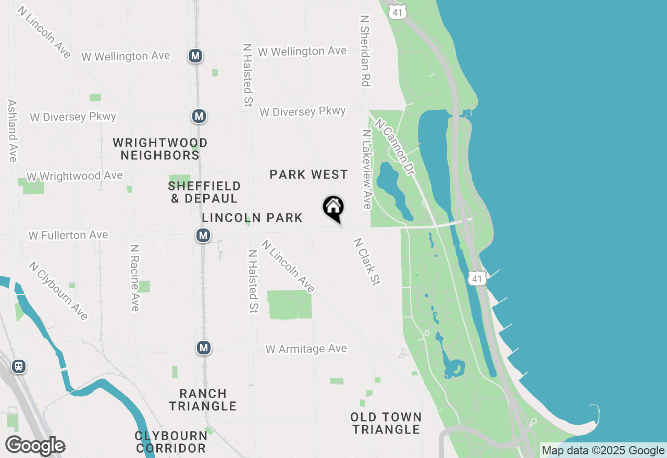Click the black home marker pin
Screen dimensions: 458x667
[333, 209]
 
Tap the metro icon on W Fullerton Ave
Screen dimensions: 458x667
[203, 235]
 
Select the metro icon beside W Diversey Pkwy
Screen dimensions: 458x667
[199, 116]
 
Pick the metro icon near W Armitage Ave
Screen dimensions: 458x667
[204, 348]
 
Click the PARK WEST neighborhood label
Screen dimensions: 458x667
[308, 174]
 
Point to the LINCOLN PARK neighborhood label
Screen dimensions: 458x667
[252, 218]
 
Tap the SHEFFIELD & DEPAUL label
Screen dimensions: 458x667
[204, 192]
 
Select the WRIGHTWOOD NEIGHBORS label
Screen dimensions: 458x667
[160, 149]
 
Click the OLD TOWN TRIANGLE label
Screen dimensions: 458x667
[386, 423]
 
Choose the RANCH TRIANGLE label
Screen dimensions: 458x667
[203, 400]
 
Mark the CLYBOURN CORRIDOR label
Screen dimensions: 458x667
[171, 441]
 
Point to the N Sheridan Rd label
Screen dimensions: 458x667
[365, 50]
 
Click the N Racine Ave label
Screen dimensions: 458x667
[134, 277]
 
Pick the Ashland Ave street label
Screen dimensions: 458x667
[13, 131]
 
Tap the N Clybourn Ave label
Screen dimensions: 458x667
[58, 290]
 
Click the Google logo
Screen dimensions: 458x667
[35, 446]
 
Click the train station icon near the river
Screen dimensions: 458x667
[19, 366]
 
